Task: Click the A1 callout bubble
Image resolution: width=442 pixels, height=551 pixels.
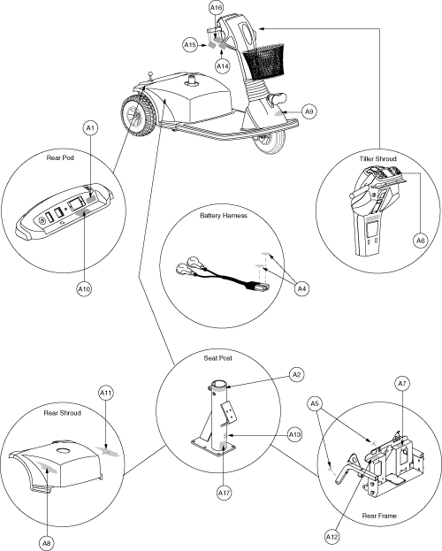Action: pos(91,128)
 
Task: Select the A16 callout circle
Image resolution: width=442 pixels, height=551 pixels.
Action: pos(217,8)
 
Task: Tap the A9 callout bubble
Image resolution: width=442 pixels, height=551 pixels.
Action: pos(309,111)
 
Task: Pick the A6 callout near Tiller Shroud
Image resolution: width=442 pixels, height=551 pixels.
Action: pos(420,241)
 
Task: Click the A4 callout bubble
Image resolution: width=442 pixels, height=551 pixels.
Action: pos(301,289)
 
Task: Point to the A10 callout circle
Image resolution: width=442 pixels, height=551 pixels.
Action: pos(84,289)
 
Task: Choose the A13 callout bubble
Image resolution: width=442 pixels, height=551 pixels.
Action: pos(294,435)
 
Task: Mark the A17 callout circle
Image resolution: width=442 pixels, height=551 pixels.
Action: pos(224,493)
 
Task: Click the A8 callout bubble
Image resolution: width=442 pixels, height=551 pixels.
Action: pos(47,543)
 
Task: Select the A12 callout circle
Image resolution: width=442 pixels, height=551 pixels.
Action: pos(331,537)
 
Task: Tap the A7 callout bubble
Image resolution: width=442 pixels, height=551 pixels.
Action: pos(402,383)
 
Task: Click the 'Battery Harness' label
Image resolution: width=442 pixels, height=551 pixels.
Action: pos(224,216)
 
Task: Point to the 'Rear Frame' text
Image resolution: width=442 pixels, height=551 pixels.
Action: pos(379,516)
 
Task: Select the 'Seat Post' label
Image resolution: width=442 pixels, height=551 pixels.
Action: pos(217,358)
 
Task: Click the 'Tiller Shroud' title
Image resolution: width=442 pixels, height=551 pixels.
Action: pos(377,159)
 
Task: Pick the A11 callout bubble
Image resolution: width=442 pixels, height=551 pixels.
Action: pos(106,393)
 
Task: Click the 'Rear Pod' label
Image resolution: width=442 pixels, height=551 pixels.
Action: pos(60,157)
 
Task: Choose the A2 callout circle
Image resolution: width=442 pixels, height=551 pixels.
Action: pos(296,375)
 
